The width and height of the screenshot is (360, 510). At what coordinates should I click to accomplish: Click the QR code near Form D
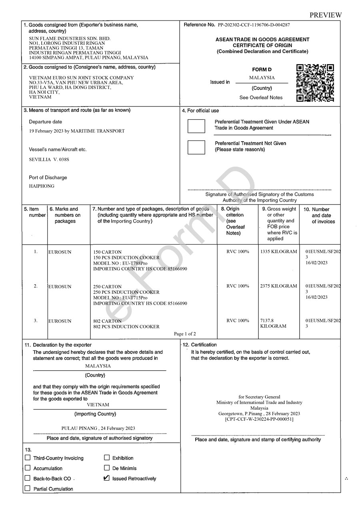coord(315,83)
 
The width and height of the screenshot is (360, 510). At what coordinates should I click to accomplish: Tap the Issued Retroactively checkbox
coord(107,478)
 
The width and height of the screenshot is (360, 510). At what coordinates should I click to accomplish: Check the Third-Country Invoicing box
coord(28,458)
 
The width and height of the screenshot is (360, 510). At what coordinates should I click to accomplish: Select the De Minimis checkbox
coord(107,468)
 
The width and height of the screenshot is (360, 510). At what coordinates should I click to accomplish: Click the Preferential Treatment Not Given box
coord(196,147)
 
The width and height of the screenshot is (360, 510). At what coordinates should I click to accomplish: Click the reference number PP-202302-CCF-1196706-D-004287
coord(254,25)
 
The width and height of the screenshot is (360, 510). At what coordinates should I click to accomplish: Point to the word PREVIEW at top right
coord(326,15)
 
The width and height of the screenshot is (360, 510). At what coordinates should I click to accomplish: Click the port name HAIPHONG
coord(42,186)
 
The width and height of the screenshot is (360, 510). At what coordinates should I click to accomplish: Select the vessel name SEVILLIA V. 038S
coord(49,159)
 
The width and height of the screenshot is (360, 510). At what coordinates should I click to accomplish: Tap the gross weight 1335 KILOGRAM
coord(278,251)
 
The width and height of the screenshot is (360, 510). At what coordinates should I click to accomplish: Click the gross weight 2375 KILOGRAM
coord(278,286)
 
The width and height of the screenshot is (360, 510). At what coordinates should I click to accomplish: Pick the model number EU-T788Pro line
coord(120,263)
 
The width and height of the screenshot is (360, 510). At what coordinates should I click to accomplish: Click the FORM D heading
coord(262,70)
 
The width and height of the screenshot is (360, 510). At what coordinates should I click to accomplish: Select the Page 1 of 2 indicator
coord(185,334)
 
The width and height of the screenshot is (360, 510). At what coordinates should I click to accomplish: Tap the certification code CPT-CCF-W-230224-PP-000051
coord(259,419)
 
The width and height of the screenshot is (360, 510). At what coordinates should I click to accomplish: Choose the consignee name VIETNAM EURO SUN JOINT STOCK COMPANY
coord(82,78)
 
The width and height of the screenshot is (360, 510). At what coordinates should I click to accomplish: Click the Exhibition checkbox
coord(107,458)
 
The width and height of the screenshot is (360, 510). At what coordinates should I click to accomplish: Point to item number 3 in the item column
coord(36,321)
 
